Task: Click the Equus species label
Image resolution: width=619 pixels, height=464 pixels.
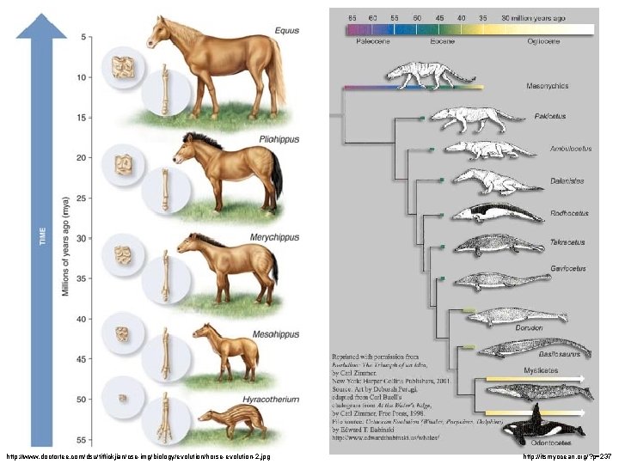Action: click(x=286, y=31)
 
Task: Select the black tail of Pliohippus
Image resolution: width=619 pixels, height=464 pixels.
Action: click(x=277, y=172)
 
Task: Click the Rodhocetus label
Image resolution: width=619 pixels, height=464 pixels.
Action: click(x=568, y=212)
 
